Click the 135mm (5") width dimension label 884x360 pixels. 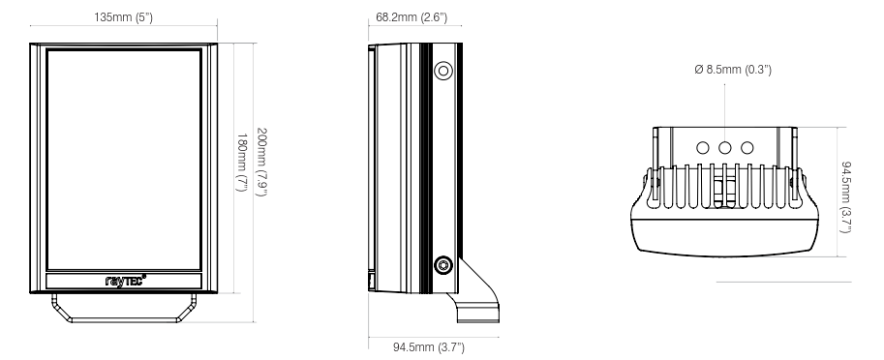pos(123,17)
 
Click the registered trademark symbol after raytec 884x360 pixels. pos(144,277)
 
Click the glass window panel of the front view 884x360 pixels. pos(123,159)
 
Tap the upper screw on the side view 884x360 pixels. pos(443,70)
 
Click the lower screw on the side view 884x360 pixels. pos(443,264)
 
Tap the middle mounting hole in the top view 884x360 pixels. pos(726,148)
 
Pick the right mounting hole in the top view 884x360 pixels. pos(747,148)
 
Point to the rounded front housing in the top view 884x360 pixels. pos(725,232)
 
